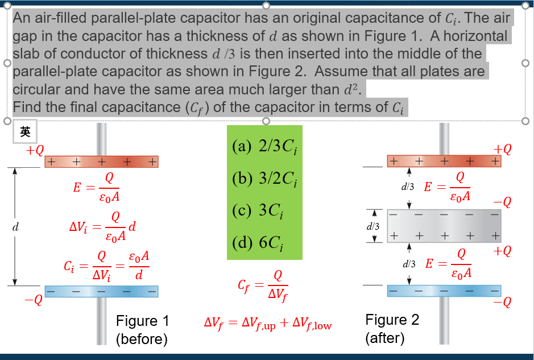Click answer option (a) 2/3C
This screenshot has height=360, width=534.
[x=264, y=148]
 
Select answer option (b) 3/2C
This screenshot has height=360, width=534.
[x=264, y=179]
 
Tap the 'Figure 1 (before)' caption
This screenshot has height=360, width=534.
[x=142, y=330]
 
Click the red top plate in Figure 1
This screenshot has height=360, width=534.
[x=101, y=162]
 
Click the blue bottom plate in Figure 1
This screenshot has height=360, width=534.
[x=101, y=292]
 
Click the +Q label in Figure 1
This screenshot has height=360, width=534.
[x=34, y=150]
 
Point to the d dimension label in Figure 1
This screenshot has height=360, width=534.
[x=15, y=227]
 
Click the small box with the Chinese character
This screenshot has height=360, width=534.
[x=24, y=132]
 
